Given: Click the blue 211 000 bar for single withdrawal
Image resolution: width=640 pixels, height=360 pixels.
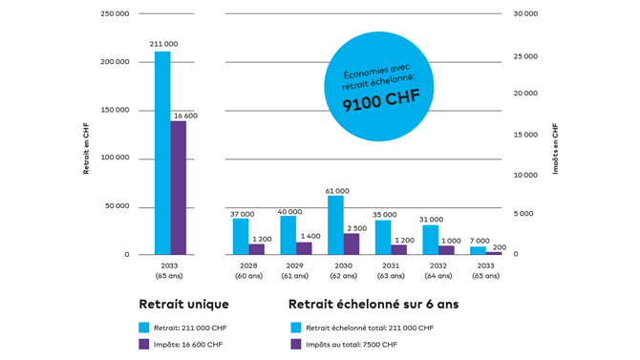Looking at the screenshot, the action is point(162,153).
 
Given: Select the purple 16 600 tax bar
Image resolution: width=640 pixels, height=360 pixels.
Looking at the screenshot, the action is point(179,188).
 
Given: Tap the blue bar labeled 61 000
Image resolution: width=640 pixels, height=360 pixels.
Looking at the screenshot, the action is point(335,225).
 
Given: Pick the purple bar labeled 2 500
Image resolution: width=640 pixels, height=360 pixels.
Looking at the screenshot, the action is point(352,244).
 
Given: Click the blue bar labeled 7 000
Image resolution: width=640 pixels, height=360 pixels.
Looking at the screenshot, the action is point(478,250).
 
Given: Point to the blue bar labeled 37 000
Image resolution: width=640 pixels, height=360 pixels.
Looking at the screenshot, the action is point(241,237).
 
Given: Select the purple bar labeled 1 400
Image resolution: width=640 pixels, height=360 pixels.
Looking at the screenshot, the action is point(304,248).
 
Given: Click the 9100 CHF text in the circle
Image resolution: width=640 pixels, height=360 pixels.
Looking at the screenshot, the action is point(381,100).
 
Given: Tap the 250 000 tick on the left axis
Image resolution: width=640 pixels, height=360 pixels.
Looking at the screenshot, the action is point(115,14).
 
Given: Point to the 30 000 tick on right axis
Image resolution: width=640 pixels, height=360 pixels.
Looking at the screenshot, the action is point(525,14).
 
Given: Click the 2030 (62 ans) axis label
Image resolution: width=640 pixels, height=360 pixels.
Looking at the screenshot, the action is point(343,270).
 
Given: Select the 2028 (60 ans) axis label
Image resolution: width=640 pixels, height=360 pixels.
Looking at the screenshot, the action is point(248,270).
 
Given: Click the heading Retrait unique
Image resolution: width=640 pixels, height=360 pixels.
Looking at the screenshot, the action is point(183,304).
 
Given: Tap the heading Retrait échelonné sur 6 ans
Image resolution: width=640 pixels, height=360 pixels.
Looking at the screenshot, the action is point(373,304).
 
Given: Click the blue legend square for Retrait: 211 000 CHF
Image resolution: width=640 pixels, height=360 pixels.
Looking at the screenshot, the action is point(144,328).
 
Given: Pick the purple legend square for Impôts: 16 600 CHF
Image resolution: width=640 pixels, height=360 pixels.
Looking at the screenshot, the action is point(144,344).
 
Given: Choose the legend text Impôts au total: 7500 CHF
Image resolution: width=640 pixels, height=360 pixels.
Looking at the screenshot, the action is point(352,345).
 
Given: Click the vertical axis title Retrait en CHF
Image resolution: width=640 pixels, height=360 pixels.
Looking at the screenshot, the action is point(86,149).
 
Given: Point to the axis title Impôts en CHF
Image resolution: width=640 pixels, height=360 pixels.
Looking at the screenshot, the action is point(555,149).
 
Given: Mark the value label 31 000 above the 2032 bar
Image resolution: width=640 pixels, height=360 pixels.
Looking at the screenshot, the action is point(431,220).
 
